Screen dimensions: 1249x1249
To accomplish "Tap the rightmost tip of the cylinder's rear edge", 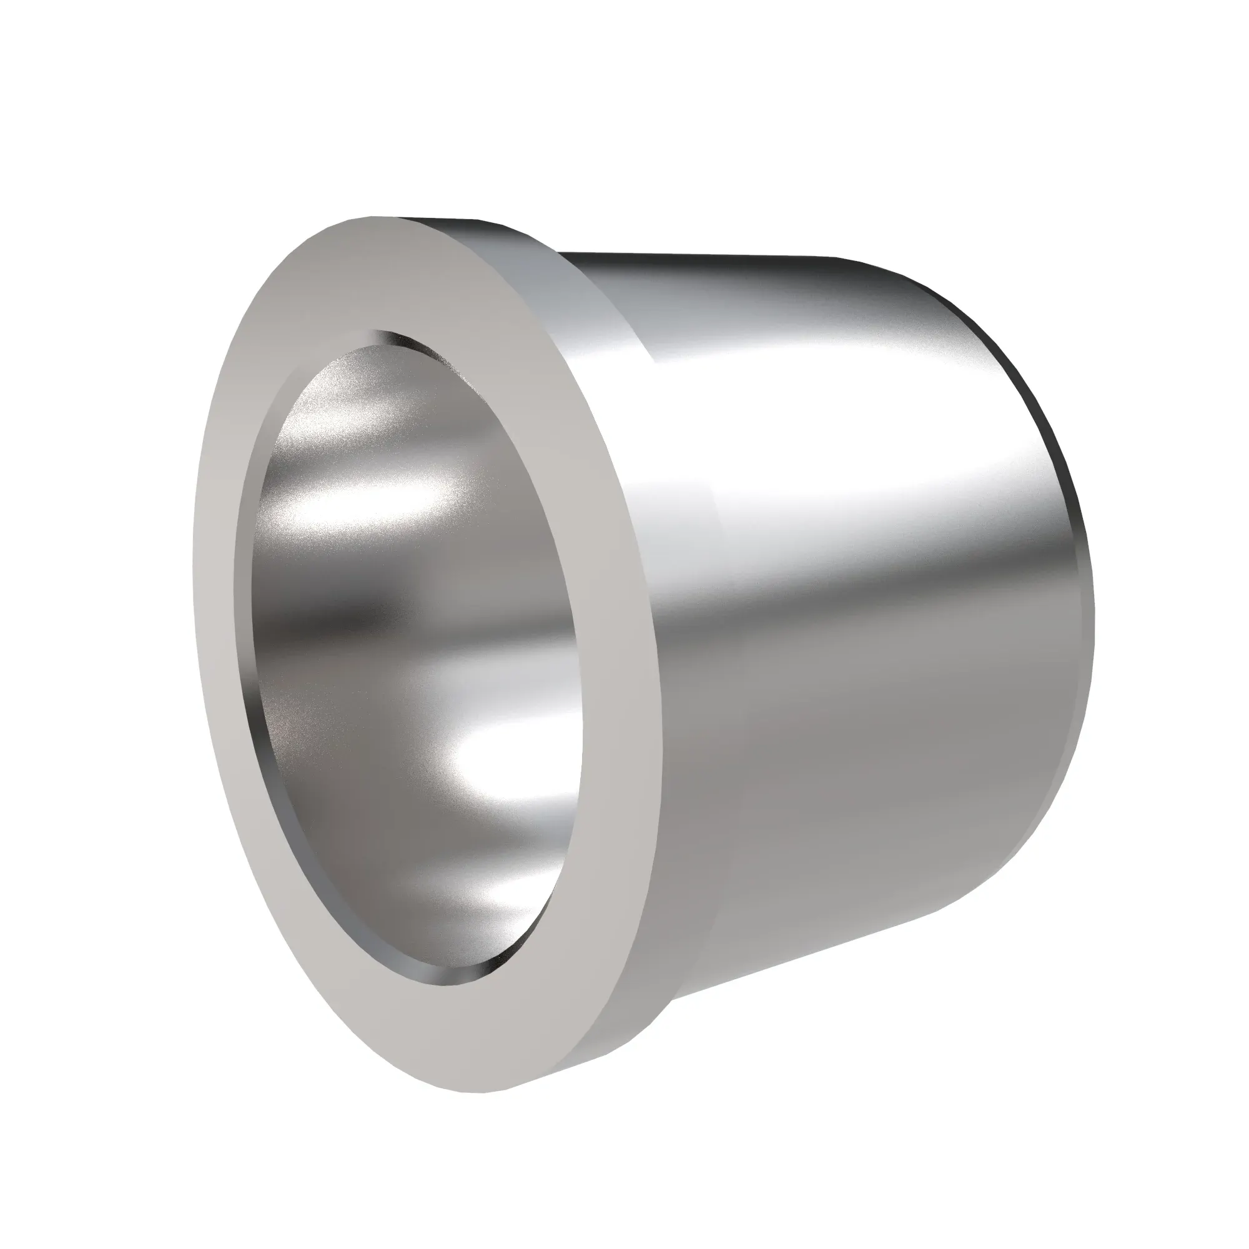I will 1092,614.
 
